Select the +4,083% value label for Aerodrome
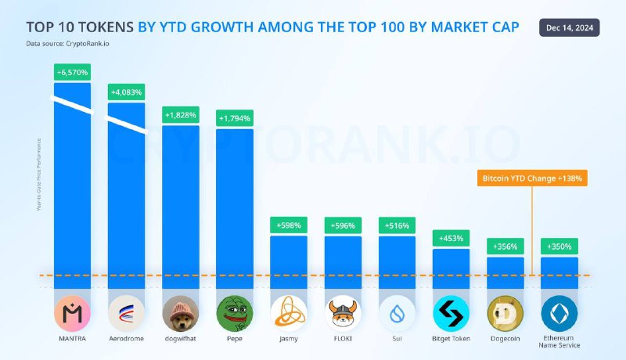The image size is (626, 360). click(x=126, y=92)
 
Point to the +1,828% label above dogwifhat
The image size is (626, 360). click(x=181, y=115)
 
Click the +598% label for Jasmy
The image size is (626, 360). click(x=289, y=225)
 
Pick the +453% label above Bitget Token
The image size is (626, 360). click(x=452, y=239)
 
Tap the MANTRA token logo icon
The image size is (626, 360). click(x=72, y=314)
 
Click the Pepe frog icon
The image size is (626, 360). click(x=235, y=314)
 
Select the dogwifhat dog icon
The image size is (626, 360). click(x=181, y=314)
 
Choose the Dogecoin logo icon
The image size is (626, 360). click(x=505, y=314)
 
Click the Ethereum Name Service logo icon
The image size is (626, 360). click(x=559, y=314)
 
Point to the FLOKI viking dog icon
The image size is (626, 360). click(x=343, y=314)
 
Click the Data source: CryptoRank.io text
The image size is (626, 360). click(x=68, y=44)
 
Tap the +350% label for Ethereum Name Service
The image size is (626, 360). click(x=559, y=247)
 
